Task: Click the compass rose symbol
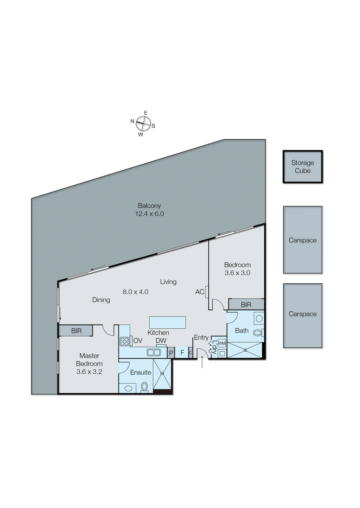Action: [x=143, y=124]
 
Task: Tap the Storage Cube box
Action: [x=302, y=167]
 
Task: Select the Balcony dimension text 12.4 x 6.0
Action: [x=149, y=214]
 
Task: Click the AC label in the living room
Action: [x=200, y=292]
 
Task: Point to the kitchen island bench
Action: [x=167, y=322]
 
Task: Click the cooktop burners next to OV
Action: [x=124, y=341]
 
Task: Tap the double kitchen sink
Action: [x=154, y=352]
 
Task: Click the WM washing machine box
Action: [x=222, y=343]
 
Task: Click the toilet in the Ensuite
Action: [x=144, y=387]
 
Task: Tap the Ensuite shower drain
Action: [x=162, y=374]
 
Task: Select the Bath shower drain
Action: [x=245, y=350]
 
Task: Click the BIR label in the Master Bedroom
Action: [x=76, y=331]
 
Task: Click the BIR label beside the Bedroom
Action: [x=246, y=305]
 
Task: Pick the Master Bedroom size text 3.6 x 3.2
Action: [x=89, y=372]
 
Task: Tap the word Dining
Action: [x=101, y=300]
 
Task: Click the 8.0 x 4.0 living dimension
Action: [x=135, y=292]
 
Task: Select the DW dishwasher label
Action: [x=161, y=341]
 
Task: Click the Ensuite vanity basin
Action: [x=128, y=388]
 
